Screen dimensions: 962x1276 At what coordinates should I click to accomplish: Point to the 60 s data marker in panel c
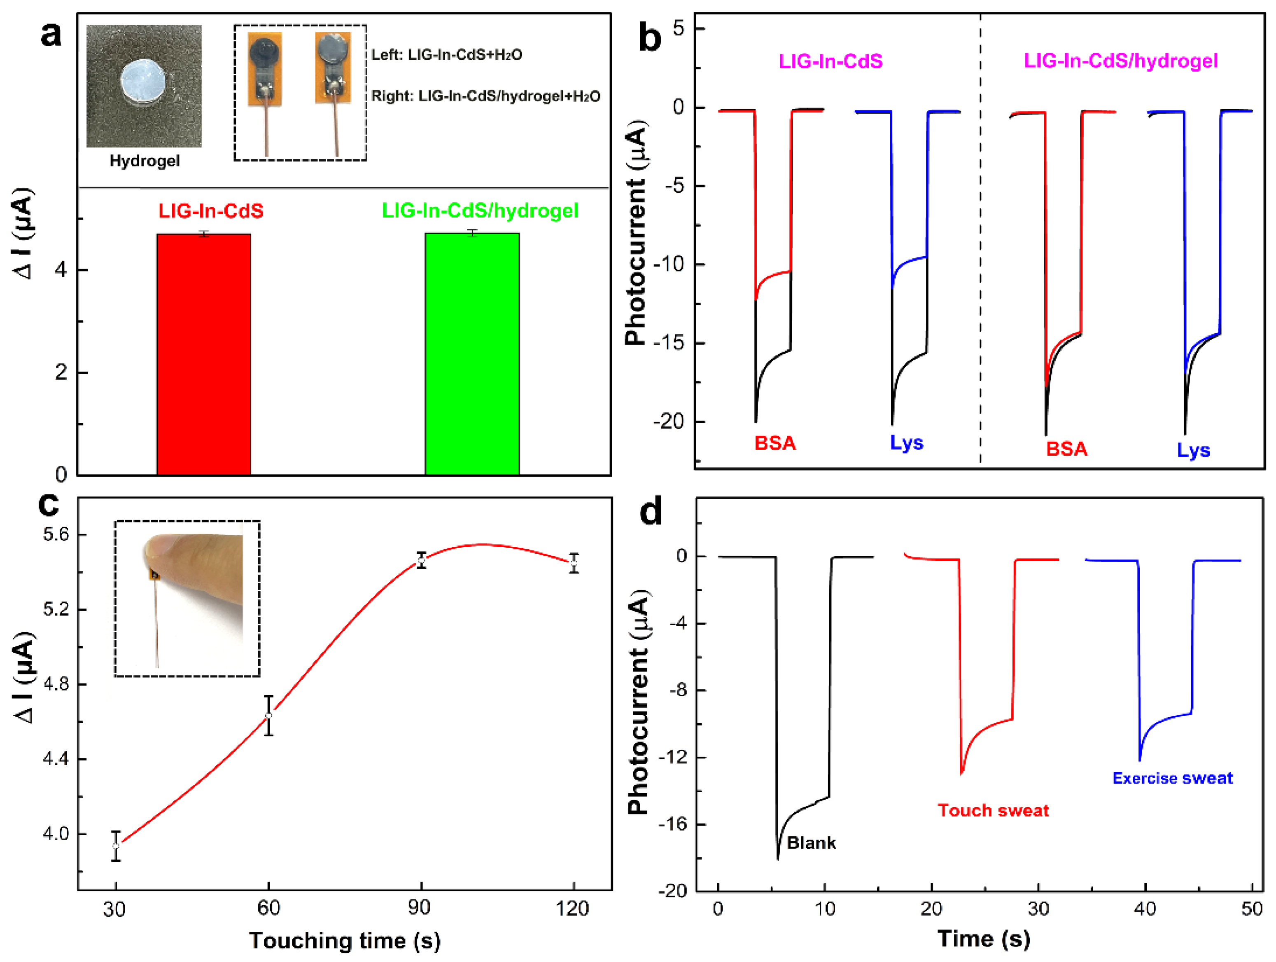pos(268,716)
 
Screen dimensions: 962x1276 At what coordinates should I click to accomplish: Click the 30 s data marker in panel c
pos(116,846)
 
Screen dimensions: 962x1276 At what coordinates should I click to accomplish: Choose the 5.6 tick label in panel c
pos(56,534)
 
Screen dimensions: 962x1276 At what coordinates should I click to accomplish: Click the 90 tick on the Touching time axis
pos(420,908)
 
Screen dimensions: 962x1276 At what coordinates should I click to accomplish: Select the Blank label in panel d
pos(811,843)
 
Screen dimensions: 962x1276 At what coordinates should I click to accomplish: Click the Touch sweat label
pos(993,811)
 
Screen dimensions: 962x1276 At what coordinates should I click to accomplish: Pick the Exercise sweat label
pos(1172,779)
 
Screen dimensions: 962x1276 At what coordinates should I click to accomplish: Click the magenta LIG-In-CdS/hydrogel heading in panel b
pos(1120,61)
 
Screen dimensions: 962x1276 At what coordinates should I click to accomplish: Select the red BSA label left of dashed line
pos(775,443)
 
